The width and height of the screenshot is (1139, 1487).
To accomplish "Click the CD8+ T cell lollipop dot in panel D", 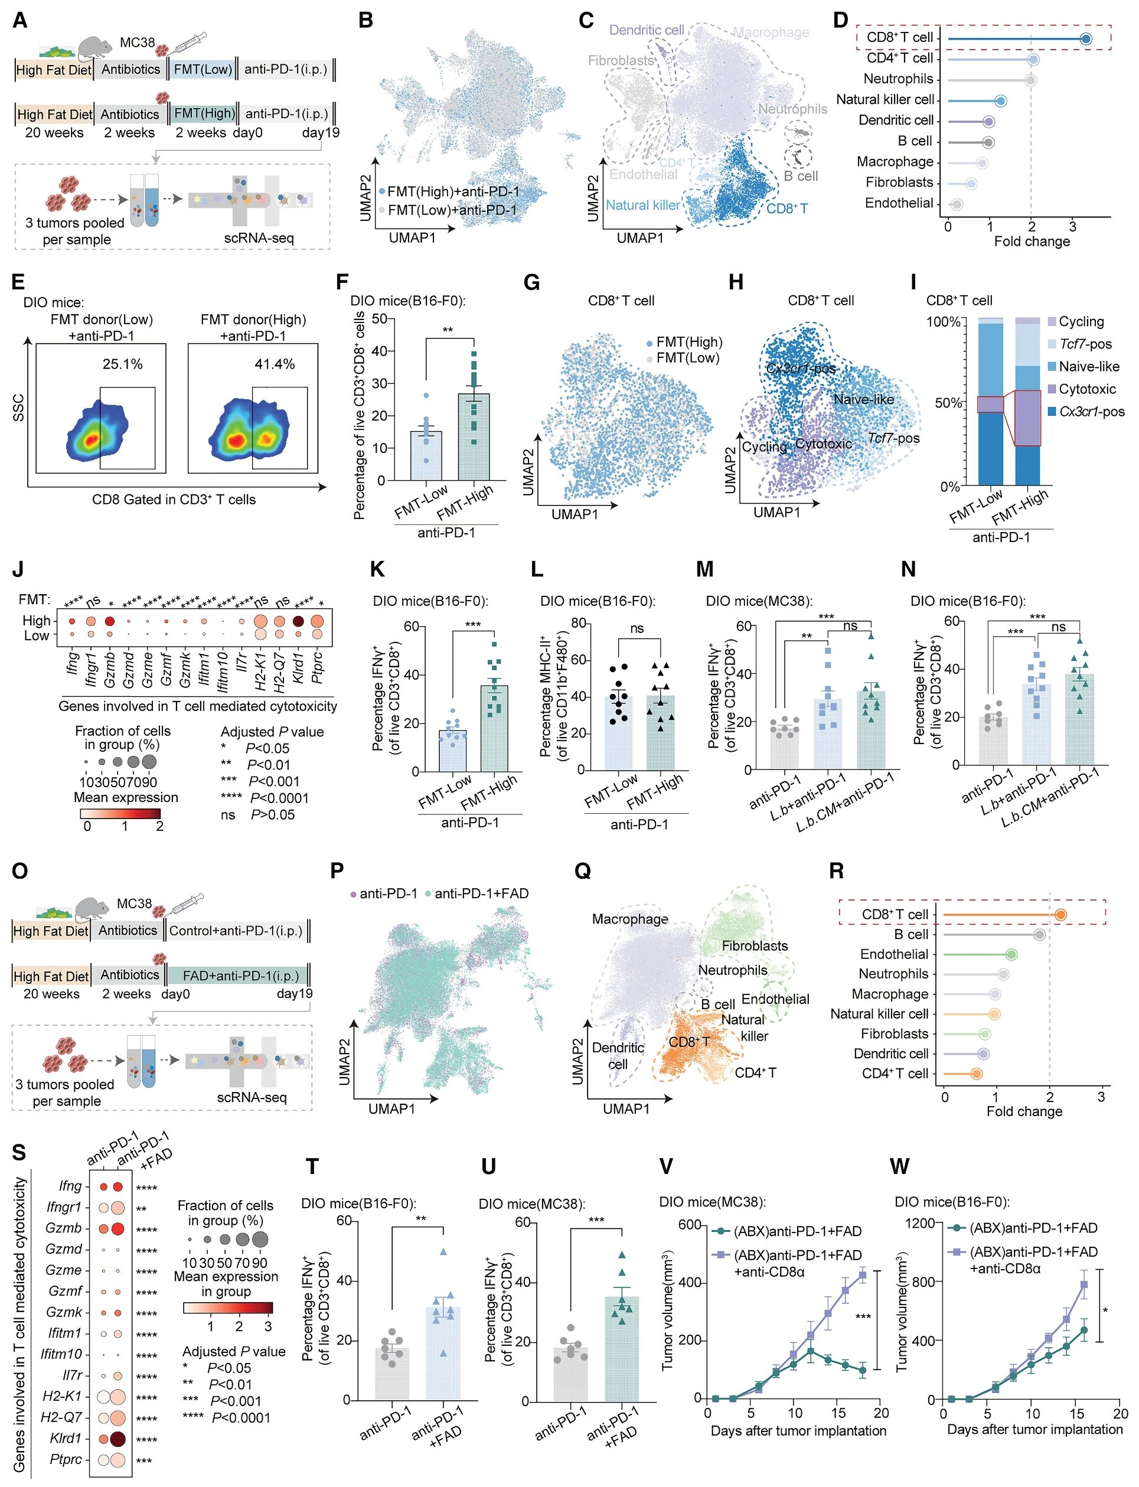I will pyautogui.click(x=1085, y=38).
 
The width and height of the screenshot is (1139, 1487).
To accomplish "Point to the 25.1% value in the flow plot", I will pyautogui.click(x=123, y=364).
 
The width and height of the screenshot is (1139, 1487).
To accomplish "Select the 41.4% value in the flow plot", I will pyautogui.click(x=275, y=364).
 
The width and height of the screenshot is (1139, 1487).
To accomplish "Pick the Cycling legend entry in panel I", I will pyautogui.click(x=1081, y=321).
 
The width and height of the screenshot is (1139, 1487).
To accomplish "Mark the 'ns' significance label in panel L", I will pyautogui.click(x=637, y=628).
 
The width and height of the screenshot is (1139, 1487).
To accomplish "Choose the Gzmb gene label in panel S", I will pyautogui.click(x=64, y=1228).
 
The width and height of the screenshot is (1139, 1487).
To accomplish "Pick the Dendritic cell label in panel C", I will pyautogui.click(x=646, y=31).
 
